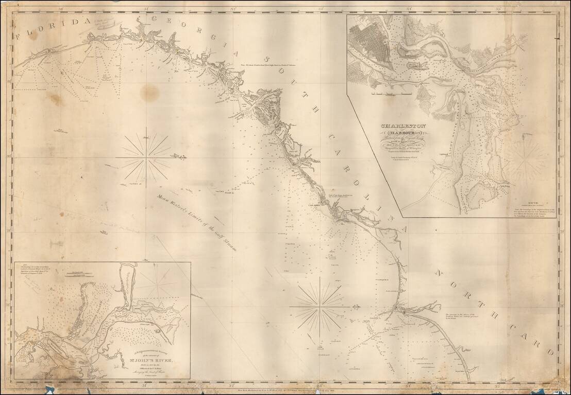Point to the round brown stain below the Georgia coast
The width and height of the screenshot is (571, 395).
click(149, 93)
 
